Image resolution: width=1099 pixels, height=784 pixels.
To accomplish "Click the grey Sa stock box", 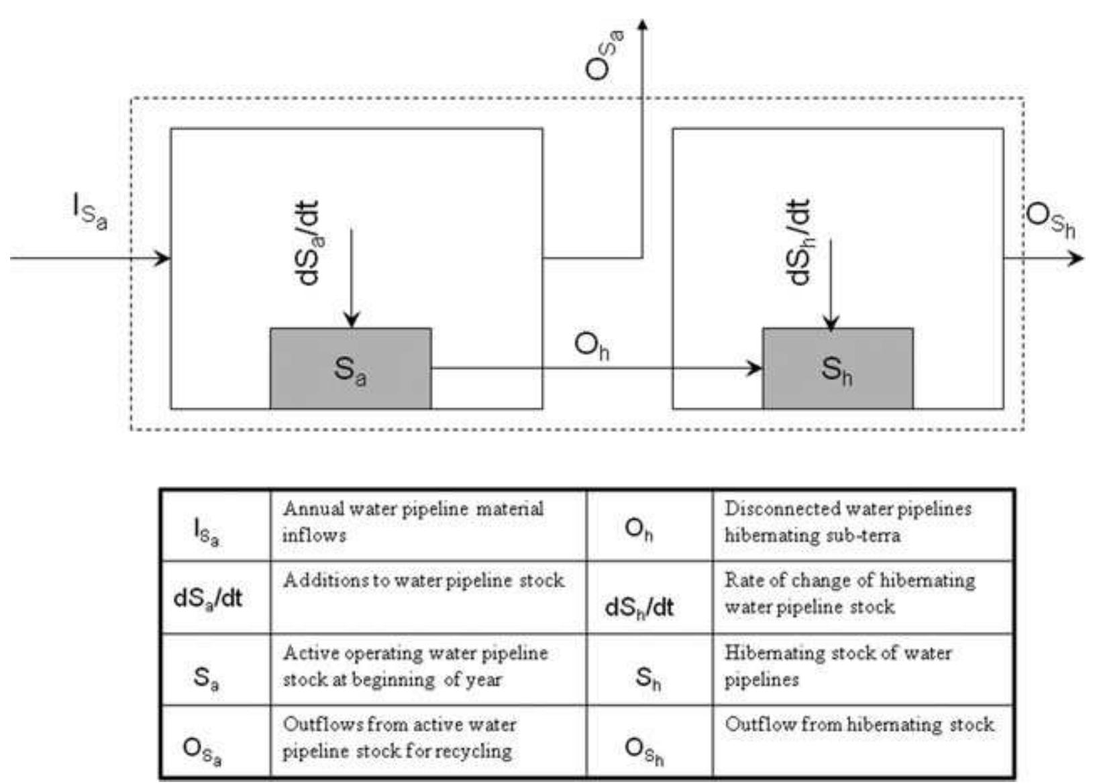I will [350, 368].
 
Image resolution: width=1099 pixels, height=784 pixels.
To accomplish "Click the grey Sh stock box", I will [837, 368].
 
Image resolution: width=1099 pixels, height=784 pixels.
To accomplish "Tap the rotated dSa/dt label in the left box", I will [309, 243].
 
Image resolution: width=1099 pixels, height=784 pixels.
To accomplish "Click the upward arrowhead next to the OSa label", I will [643, 25].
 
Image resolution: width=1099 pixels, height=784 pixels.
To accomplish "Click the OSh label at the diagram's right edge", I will [1050, 221].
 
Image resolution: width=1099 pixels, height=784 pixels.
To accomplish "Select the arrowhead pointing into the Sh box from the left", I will [755, 368].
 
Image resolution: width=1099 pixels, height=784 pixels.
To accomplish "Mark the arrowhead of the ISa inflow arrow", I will [163, 258].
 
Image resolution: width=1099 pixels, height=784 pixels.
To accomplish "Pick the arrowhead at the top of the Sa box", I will [351, 320].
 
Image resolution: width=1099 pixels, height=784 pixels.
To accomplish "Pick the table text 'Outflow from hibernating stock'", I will [859, 725].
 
